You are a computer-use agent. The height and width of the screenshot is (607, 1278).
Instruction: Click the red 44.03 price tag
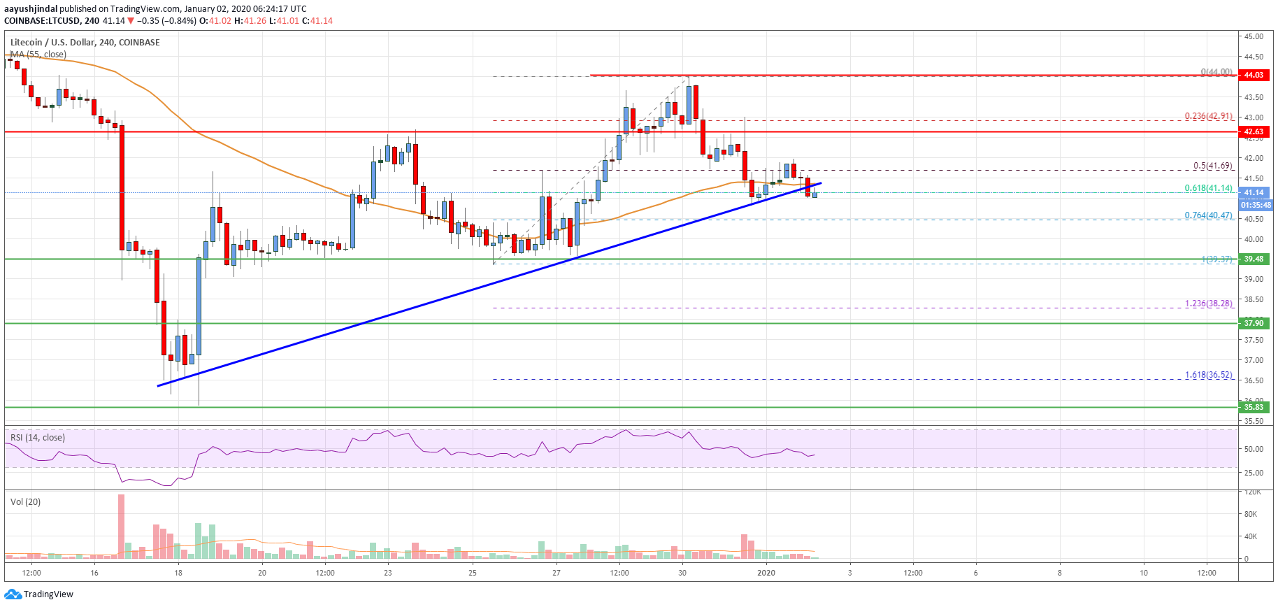tap(1254, 75)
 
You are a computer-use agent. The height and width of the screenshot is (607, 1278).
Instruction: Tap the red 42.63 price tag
tap(1254, 131)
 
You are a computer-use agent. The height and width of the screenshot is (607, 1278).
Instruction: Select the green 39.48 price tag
tap(1254, 259)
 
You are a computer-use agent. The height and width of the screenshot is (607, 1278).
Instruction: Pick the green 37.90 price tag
tap(1254, 323)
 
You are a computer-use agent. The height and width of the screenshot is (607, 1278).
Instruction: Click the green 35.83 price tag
tap(1254, 407)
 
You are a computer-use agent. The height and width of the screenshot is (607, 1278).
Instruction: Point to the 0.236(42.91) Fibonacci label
tap(1208, 116)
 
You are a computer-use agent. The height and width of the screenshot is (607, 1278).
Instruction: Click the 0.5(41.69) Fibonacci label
tap(1212, 166)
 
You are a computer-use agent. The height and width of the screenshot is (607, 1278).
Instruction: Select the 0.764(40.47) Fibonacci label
tap(1208, 215)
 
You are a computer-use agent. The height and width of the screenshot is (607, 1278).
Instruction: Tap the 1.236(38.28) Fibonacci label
tap(1208, 303)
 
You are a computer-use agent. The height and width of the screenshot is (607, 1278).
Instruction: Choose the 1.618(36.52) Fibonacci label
tap(1208, 375)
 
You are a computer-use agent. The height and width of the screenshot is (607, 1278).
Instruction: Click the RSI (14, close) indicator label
tap(38, 438)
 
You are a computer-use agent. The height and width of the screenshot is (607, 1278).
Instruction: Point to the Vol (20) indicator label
tap(26, 502)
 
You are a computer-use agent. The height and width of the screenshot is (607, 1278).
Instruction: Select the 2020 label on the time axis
tap(766, 573)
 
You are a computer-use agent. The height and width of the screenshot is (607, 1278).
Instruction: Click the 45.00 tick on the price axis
tap(1254, 36)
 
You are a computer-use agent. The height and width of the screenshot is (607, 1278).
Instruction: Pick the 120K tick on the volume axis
tap(1252, 492)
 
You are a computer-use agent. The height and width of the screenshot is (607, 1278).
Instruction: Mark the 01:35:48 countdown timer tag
tap(1255, 206)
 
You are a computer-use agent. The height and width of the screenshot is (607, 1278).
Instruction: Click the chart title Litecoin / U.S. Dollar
tap(52, 43)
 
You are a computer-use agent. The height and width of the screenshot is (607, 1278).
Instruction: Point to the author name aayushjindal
tap(31, 9)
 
